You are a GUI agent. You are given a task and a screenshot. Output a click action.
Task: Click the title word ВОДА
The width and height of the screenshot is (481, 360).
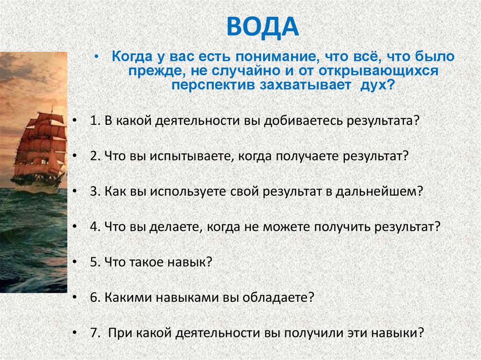click(x=263, y=28)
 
